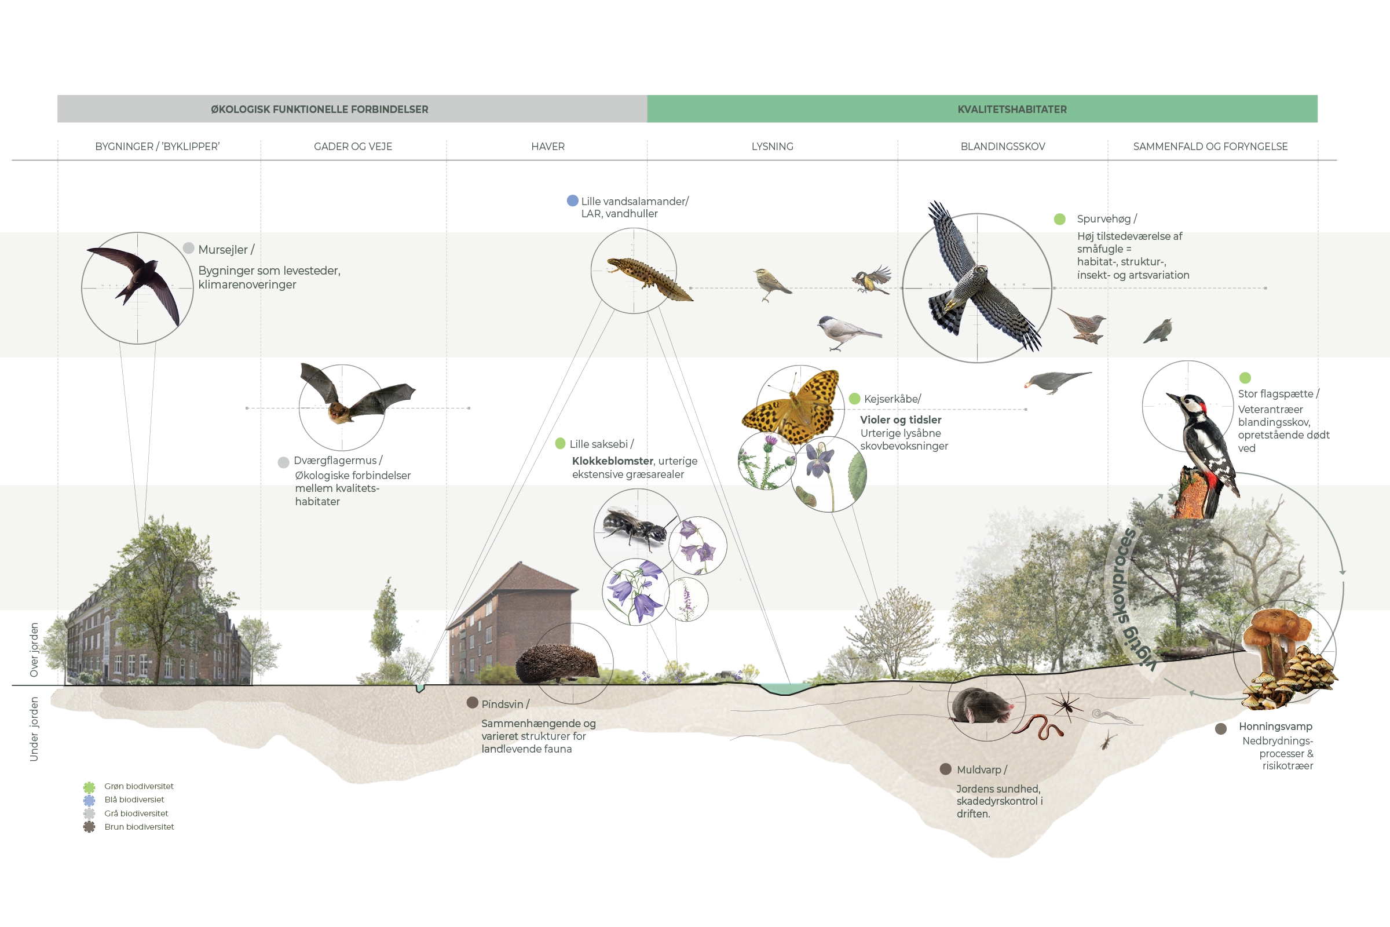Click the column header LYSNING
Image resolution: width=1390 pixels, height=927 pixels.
[773, 147]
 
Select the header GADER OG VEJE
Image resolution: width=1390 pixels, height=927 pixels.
[353, 147]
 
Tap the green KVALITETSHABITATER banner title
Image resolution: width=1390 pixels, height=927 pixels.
[1012, 110]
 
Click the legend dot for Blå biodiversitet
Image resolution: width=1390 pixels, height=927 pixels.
[89, 801]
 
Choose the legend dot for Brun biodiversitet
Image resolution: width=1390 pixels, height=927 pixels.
[89, 827]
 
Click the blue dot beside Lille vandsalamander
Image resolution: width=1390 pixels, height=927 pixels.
[572, 200]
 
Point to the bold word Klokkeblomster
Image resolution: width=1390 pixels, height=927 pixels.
[612, 461]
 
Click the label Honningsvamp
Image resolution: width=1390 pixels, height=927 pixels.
[1275, 727]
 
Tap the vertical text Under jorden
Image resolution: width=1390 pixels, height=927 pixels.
[34, 729]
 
